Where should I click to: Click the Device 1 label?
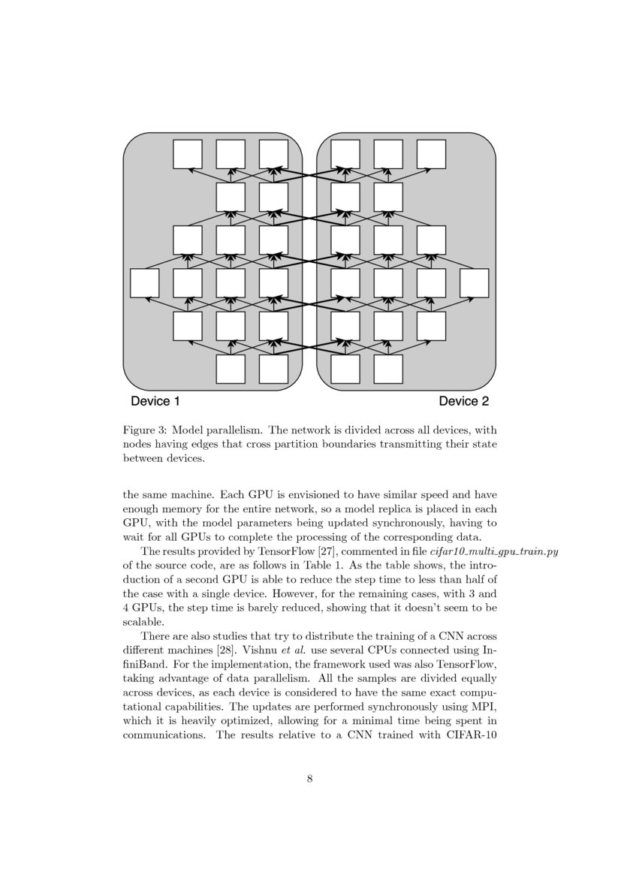tap(155, 401)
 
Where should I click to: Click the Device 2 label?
tap(463, 401)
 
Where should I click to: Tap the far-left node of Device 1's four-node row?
tap(144, 283)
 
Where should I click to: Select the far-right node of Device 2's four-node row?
tap(474, 283)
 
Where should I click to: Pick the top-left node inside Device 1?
tap(188, 154)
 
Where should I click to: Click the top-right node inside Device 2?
tap(431, 154)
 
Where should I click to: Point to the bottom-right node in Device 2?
tap(388, 369)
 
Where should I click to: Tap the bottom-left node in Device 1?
tap(231, 369)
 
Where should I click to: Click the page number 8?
tap(310, 779)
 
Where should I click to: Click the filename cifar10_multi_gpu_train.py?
tap(494, 552)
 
